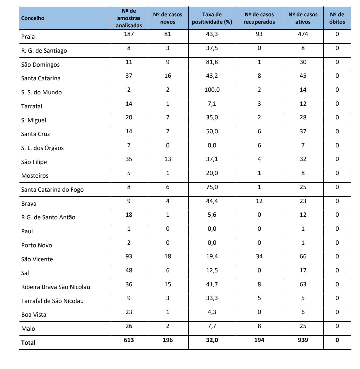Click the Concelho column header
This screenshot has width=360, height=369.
pyautogui.click(x=33, y=18)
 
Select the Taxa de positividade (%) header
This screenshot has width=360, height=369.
pyautogui.click(x=212, y=18)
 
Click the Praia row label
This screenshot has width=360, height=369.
pyautogui.click(x=28, y=37)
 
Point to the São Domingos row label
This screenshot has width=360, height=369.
pyautogui.click(x=40, y=65)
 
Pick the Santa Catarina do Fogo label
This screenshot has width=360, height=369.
pyautogui.click(x=52, y=190)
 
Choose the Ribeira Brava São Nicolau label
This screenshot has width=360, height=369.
pyautogui.click(x=56, y=287)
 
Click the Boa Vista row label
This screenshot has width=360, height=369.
pyautogui.click(x=34, y=314)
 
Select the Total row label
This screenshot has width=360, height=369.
pyautogui.click(x=28, y=342)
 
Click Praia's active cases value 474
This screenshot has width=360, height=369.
pyautogui.click(x=303, y=34)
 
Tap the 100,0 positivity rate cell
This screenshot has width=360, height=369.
pyautogui.click(x=212, y=90)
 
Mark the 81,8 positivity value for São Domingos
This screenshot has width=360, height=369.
pyautogui.click(x=212, y=62)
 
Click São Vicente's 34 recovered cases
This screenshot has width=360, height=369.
pyautogui.click(x=259, y=256)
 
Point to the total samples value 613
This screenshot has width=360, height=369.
pyautogui.click(x=129, y=340)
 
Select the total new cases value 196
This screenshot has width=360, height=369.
pyautogui.click(x=167, y=340)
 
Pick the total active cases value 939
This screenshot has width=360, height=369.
pyautogui.click(x=303, y=340)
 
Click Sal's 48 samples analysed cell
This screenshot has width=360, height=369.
pyautogui.click(x=129, y=270)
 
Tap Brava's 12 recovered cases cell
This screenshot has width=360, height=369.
pyautogui.click(x=259, y=201)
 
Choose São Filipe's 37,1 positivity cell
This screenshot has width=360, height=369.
pyautogui.click(x=212, y=159)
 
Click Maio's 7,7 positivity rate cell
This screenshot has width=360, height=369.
pyautogui.click(x=212, y=326)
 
